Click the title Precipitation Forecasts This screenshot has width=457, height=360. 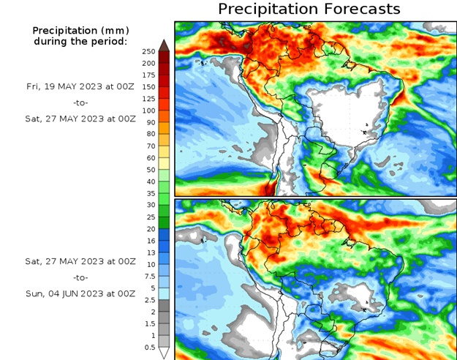[x=309, y=9]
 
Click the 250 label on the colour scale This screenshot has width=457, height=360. [x=148, y=51]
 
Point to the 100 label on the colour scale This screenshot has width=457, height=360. [x=148, y=110]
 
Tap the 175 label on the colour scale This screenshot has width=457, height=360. [x=148, y=75]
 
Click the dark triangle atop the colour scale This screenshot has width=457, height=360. [x=164, y=45]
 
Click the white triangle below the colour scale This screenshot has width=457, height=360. [x=164, y=353]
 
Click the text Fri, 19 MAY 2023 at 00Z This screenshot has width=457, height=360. [x=80, y=86]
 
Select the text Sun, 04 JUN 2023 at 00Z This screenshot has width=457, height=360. [x=80, y=293]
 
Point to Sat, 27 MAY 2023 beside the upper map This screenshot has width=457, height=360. [x=80, y=118]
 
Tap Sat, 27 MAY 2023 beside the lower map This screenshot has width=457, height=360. [x=80, y=261]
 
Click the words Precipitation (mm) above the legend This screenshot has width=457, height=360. [x=80, y=30]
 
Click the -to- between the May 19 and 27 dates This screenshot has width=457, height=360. [x=80, y=102]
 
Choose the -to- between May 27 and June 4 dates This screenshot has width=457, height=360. [x=80, y=277]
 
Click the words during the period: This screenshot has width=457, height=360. [x=80, y=41]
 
